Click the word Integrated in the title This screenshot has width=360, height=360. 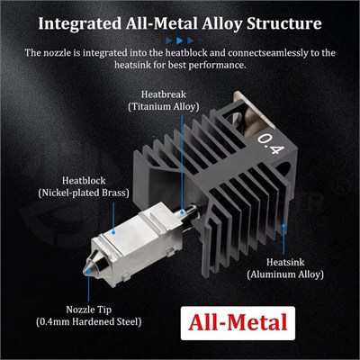[80, 24]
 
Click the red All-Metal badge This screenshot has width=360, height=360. [238, 323]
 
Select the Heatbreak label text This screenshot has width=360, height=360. [164, 94]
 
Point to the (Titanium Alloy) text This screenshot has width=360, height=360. [164, 107]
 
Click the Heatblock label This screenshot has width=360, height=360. [84, 181]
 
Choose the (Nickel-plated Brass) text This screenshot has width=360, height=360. [84, 193]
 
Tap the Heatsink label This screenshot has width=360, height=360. [285, 262]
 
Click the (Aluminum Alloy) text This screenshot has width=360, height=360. [285, 274]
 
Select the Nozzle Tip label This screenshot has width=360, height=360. [89, 310]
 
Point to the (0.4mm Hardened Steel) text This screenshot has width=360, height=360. [89, 322]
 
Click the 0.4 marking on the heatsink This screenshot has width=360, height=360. [270, 143]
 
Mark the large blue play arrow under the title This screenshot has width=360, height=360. [179, 40]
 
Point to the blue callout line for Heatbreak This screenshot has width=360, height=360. [183, 164]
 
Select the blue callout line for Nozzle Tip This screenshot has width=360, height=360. [89, 285]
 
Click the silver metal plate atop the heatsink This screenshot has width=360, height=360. [256, 112]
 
